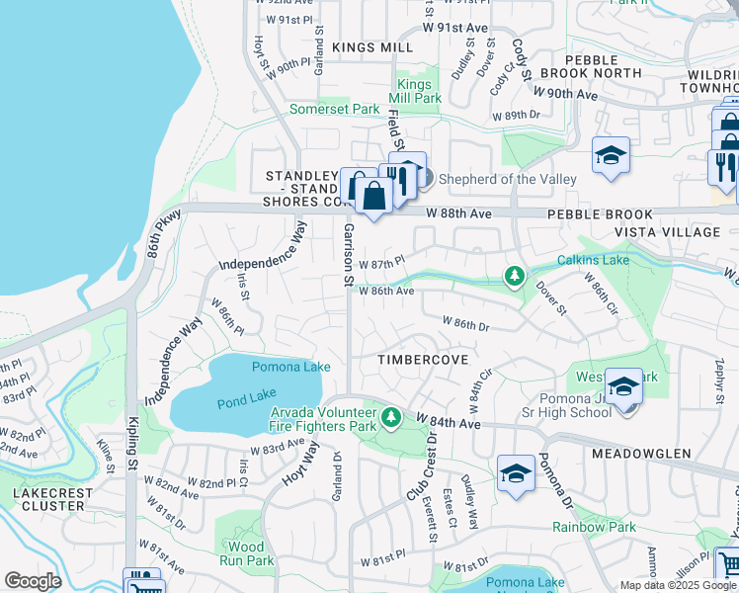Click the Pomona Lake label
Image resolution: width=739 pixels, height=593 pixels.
(x=290, y=367)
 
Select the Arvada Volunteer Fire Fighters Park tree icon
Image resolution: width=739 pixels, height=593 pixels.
(x=392, y=418)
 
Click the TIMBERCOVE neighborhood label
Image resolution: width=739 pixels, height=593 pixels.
(x=423, y=361)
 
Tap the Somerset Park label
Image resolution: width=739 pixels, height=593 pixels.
(x=334, y=109)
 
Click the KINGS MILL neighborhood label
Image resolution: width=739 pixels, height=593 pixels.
(x=372, y=47)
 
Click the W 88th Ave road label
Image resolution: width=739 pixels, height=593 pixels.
(x=458, y=213)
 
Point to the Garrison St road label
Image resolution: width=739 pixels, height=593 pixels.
(x=348, y=255)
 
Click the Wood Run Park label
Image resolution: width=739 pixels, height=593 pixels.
(x=245, y=553)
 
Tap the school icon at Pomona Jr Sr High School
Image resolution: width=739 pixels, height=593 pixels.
(x=623, y=387)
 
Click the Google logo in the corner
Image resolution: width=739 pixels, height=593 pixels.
(x=33, y=581)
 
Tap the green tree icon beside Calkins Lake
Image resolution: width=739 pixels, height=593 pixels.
(x=514, y=277)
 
